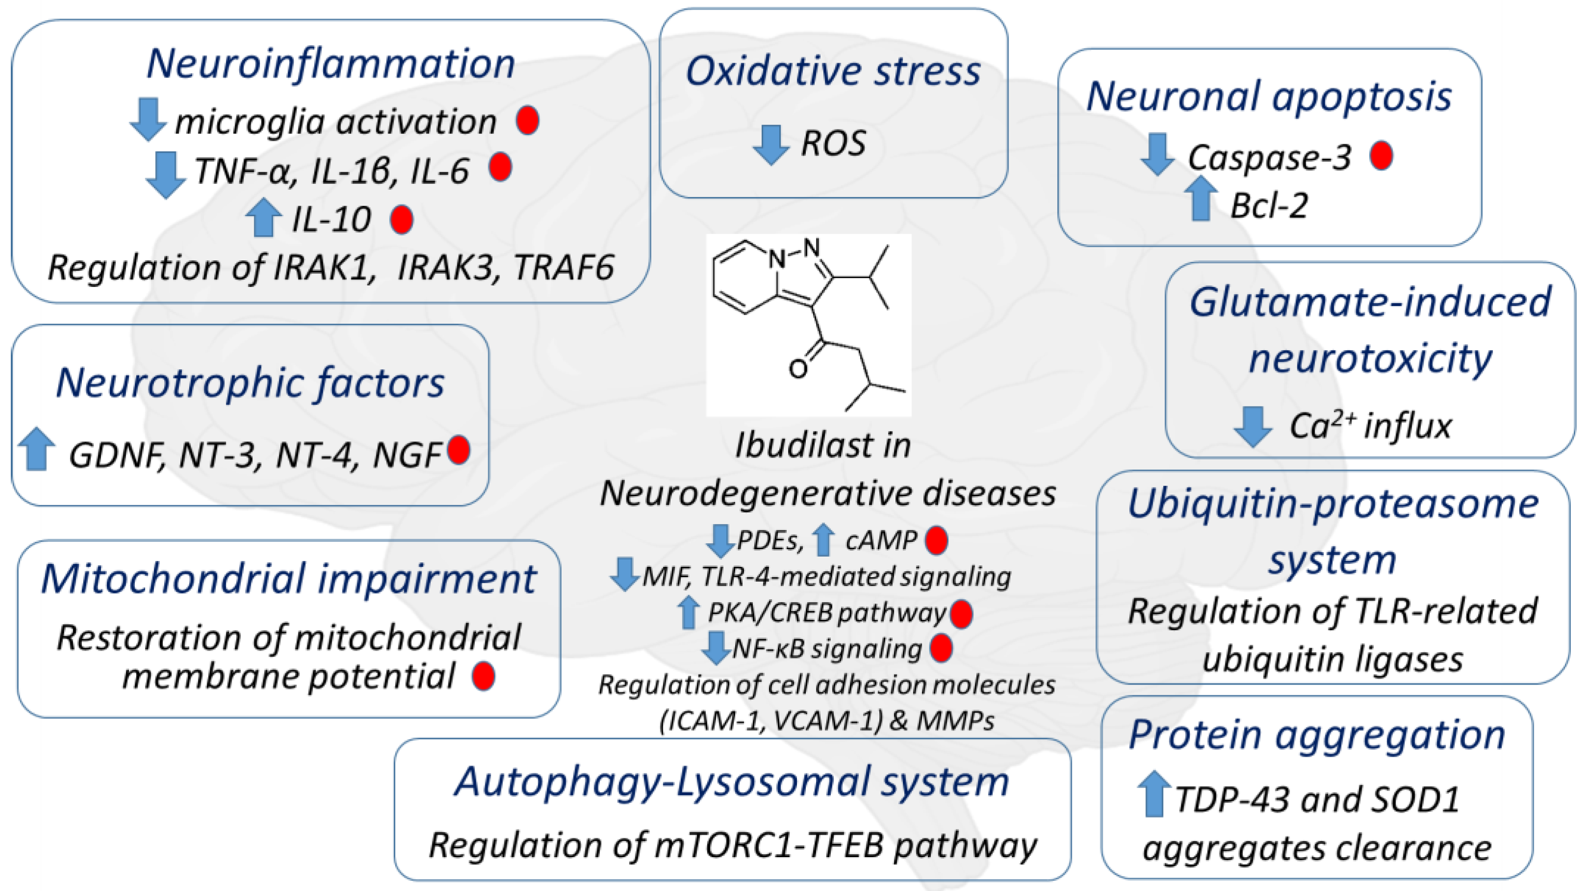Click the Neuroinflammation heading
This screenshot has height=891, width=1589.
point(331,64)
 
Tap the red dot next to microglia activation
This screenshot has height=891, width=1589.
point(527,120)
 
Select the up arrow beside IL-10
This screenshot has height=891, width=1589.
point(263,217)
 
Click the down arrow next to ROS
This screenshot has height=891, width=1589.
point(770,144)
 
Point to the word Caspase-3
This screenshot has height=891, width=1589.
point(1269,157)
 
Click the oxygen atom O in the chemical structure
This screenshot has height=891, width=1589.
point(797,368)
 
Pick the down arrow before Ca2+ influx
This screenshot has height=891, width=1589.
point(1253,426)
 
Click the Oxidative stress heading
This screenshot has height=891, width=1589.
point(833,71)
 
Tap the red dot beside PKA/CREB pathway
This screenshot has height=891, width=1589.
point(962,614)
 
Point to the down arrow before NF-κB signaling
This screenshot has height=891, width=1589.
point(716,647)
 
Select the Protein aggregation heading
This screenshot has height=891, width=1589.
point(1317,735)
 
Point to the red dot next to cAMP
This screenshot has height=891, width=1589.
point(936,540)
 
